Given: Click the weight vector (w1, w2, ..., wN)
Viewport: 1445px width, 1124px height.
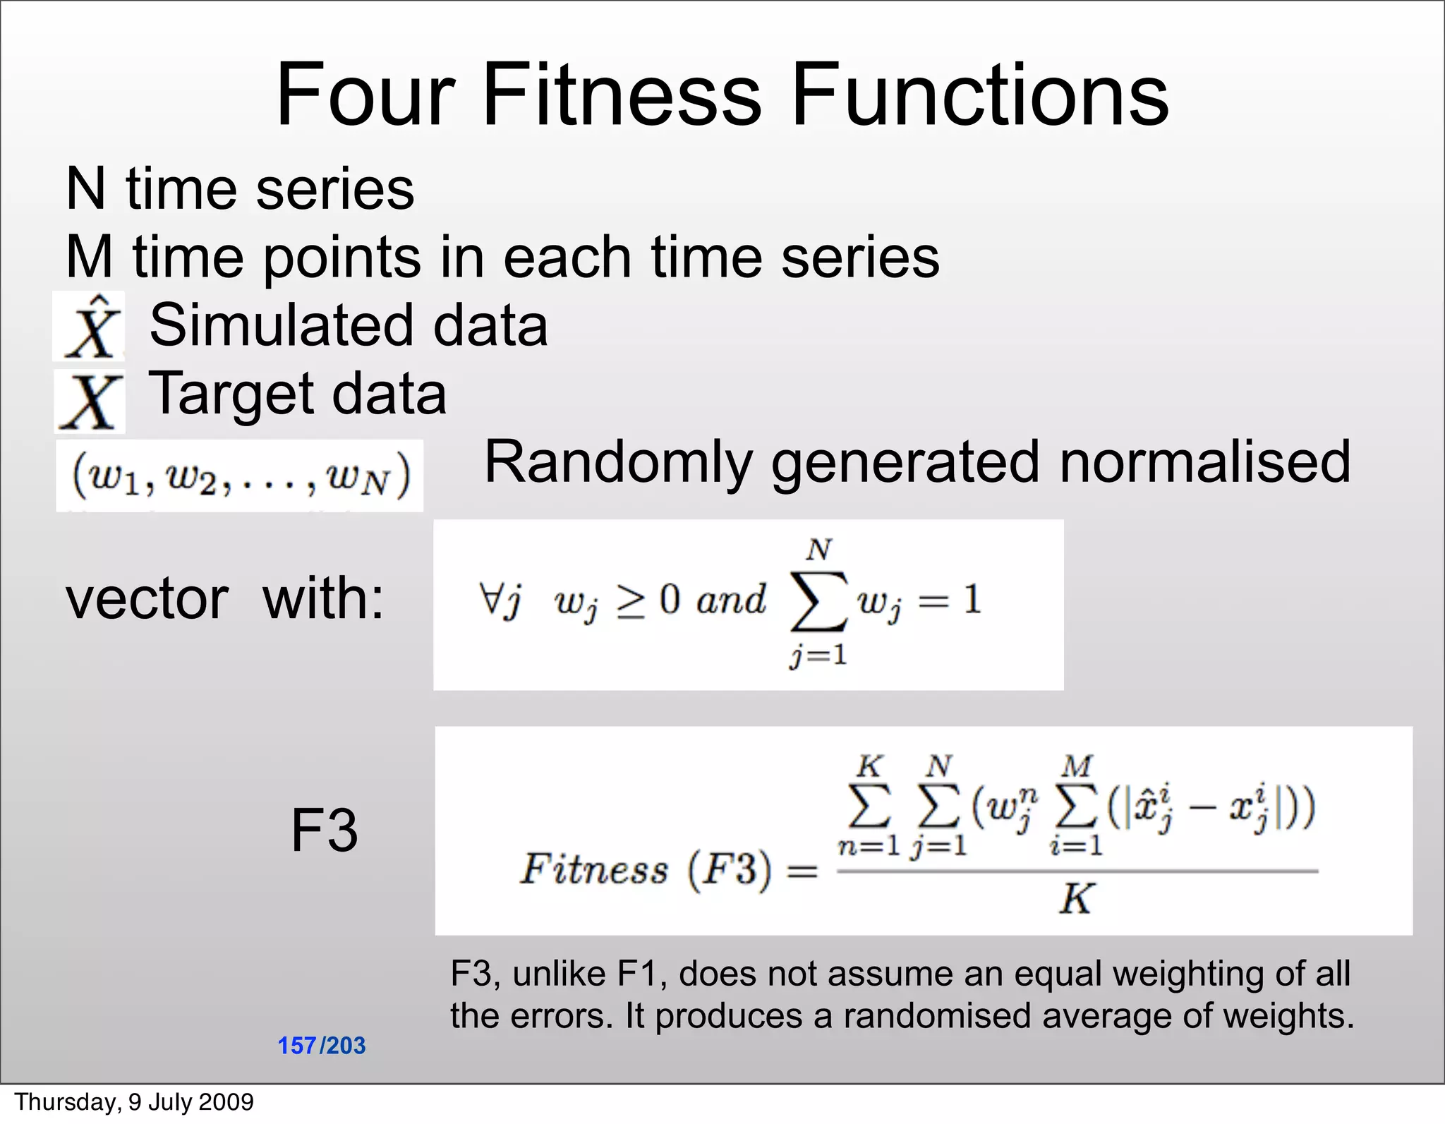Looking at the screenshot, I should click(x=240, y=476).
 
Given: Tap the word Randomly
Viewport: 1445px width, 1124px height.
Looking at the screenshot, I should click(x=618, y=463).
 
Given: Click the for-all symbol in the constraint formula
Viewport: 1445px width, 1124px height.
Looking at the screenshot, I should click(x=490, y=600).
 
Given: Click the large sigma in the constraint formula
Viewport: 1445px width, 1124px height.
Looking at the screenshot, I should click(x=818, y=601).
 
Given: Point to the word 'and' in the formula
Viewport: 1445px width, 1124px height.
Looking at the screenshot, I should click(x=730, y=600).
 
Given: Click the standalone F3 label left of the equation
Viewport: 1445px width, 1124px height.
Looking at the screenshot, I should click(x=324, y=830).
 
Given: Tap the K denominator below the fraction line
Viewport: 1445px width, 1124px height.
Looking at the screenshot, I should click(x=1076, y=899).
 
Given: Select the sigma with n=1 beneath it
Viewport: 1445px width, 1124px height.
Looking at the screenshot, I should click(x=869, y=806).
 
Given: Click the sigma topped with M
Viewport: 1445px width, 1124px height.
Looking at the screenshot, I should click(x=1075, y=806).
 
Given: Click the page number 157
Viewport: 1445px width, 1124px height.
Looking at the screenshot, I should click(x=297, y=1046).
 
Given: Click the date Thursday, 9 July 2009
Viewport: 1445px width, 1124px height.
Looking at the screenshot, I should click(x=134, y=1102).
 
